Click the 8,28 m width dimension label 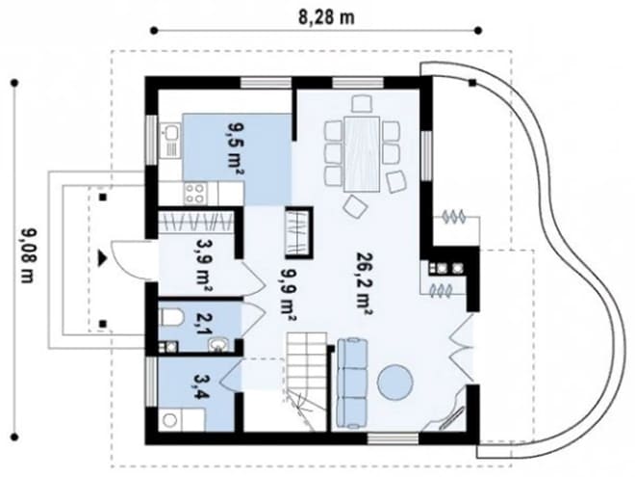(326, 18)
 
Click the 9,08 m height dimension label (28, 256)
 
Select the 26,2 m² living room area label (364, 283)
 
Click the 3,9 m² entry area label (203, 267)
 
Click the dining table (362, 154)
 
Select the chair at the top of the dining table (362, 103)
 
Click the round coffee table (394, 383)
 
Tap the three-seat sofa (353, 384)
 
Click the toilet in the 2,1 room (171, 317)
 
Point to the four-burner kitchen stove (195, 194)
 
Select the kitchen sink (170, 133)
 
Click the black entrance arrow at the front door (102, 258)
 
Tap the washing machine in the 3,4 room (170, 420)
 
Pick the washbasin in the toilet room (218, 345)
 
